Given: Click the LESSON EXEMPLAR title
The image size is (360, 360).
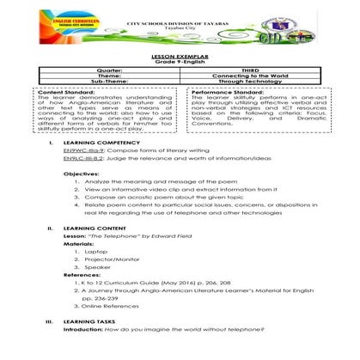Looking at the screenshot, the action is tap(180, 52).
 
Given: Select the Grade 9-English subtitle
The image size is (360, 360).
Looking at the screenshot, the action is tap(180, 58).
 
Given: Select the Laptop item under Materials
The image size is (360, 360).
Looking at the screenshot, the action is tap(109, 275).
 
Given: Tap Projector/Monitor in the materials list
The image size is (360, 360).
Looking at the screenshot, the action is tap(121, 283).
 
